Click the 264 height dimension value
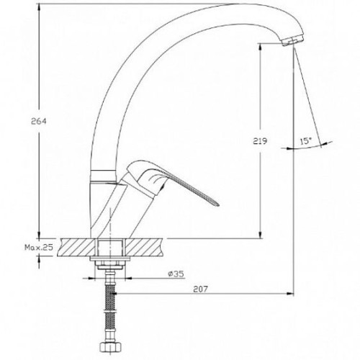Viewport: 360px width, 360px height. point(38,122)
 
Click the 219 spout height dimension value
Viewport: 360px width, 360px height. point(260,141)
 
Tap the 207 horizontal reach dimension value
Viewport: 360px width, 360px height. point(200,289)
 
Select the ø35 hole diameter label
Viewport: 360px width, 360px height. point(176,274)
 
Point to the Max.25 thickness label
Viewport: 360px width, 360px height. point(39,247)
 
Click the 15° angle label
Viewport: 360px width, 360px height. point(305,141)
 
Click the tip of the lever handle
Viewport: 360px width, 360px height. point(218,204)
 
